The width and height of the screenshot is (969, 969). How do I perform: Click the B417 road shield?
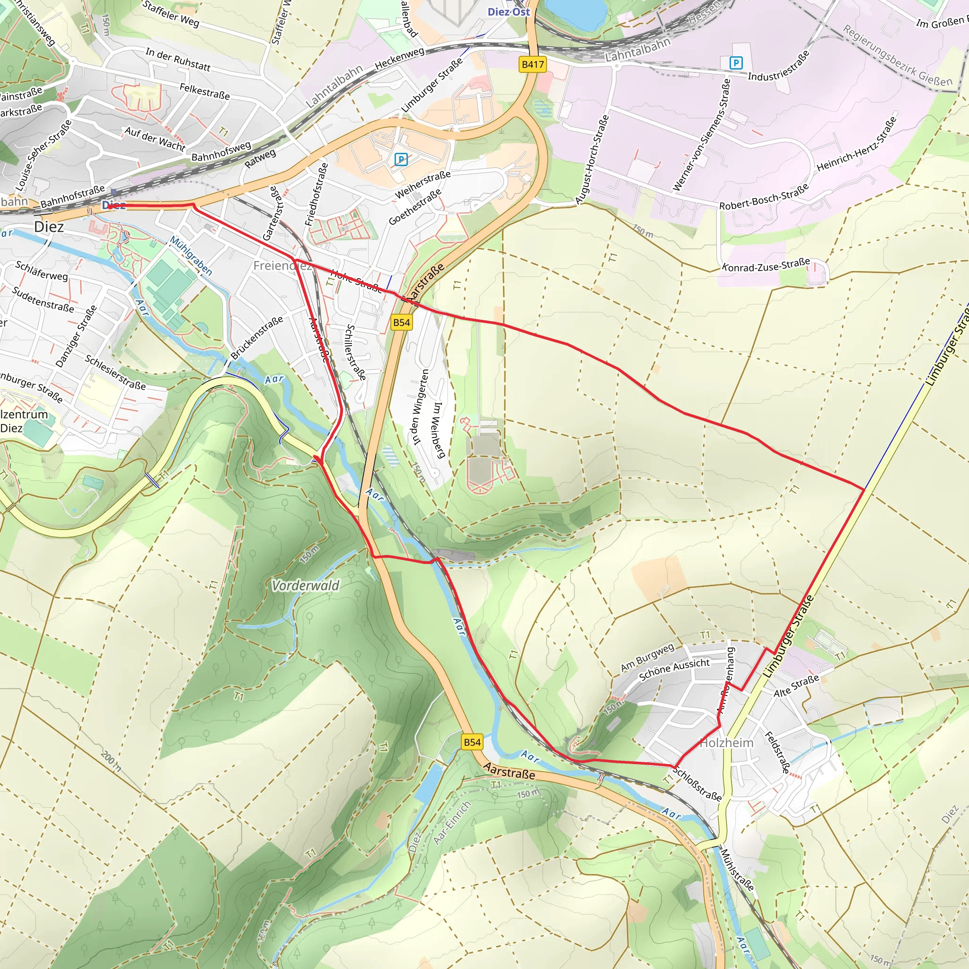coord(532,64)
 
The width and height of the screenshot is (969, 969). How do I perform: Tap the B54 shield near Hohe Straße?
coord(401,323)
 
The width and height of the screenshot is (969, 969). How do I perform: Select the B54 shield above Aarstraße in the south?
coord(472,742)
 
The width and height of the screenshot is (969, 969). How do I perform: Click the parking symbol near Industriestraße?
coord(735,63)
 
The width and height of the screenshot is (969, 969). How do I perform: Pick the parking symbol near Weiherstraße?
coord(401,159)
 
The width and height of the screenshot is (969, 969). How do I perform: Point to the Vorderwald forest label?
coord(305,585)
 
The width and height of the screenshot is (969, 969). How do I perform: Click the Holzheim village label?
coord(726,743)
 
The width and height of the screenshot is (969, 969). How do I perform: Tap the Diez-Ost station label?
coord(508,11)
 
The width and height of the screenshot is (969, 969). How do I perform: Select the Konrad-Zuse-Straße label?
coord(766,264)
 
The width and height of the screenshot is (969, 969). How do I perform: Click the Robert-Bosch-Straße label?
coord(763,197)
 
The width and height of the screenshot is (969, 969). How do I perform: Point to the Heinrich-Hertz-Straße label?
coord(856,144)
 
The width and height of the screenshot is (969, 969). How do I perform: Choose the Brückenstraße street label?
coord(257,337)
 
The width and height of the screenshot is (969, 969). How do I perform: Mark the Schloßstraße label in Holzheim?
coord(696,784)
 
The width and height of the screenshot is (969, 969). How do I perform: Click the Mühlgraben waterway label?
coord(191,255)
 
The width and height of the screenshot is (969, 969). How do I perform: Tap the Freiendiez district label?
coord(282,265)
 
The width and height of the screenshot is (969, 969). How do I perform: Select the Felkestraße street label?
coord(204,91)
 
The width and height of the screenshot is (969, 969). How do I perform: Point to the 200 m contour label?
coord(111,760)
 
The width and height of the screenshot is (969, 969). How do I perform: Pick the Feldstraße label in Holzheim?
coord(777,752)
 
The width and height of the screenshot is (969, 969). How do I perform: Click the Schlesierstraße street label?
coord(115,372)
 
